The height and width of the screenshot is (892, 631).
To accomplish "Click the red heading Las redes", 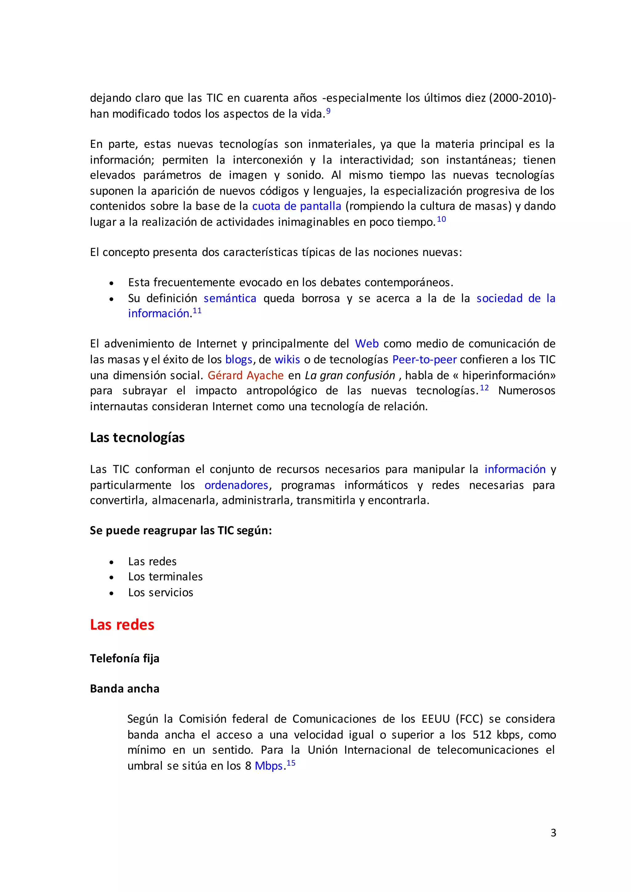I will [122, 625].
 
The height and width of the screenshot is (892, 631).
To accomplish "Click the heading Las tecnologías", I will [137, 437].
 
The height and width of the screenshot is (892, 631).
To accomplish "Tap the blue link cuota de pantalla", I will [296, 206].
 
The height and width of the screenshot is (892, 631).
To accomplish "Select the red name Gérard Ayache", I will [246, 375].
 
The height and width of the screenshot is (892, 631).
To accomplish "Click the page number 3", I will [553, 833].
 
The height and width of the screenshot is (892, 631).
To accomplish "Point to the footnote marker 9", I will [328, 111].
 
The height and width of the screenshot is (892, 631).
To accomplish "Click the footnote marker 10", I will [442, 219].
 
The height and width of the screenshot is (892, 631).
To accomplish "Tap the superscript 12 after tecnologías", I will [484, 388].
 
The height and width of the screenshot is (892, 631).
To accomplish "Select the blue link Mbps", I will [268, 766].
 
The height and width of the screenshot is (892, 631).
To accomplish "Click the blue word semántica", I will [230, 298].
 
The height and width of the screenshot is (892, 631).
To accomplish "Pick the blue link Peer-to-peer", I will [424, 359].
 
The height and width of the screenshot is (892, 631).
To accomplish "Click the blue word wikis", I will [287, 359].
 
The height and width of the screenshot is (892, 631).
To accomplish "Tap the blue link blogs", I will [238, 360].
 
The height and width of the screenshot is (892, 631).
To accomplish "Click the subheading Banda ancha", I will [125, 689].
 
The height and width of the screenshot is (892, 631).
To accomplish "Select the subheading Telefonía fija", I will [125, 659].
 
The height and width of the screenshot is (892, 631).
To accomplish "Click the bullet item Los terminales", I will [165, 577].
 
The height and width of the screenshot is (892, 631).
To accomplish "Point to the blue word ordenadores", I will [236, 485].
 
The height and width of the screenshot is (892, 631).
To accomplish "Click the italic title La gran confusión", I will [350, 375].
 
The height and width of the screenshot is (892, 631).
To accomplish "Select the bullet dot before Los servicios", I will [112, 593].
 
